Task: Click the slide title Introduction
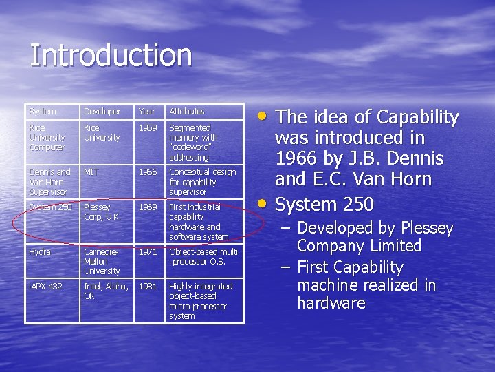[x=111, y=56]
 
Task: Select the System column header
[x=43, y=111]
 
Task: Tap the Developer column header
[x=102, y=111]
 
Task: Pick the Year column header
[x=147, y=111]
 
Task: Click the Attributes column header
[x=187, y=111]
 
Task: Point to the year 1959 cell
[x=148, y=128]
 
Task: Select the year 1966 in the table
[x=148, y=172]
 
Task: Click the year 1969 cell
[x=148, y=207]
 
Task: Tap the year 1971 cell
[x=148, y=252]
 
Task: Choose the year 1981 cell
[x=148, y=286]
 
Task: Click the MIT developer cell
[x=91, y=172]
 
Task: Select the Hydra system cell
[x=39, y=252]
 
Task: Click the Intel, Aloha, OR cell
[x=104, y=291]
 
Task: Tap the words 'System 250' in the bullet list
[x=324, y=205]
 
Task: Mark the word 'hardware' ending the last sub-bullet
[x=331, y=303]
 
